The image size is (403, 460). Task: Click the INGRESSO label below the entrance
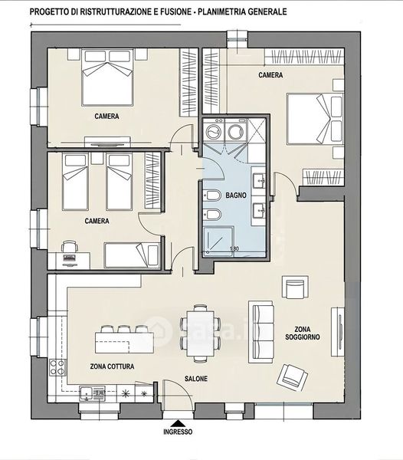(x=178, y=432)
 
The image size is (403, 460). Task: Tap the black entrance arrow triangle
(x=178, y=424)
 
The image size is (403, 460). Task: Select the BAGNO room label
(x=236, y=195)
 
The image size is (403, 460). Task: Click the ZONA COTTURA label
(x=112, y=366)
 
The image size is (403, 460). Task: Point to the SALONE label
(x=196, y=379)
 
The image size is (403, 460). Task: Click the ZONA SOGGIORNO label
(x=303, y=333)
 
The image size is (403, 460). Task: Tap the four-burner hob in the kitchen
(x=57, y=367)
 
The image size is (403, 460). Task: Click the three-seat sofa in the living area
(x=261, y=332)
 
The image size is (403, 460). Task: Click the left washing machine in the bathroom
(x=214, y=131)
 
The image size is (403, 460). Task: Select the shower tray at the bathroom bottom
(x=218, y=241)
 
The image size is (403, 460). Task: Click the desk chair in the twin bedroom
(x=70, y=246)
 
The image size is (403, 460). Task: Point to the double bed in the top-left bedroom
(x=107, y=77)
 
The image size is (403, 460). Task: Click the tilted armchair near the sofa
(x=292, y=377)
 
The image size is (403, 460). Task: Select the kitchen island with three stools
(x=124, y=340)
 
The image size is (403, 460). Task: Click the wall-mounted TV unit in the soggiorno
(x=337, y=332)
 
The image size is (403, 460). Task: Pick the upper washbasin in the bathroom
(x=259, y=181)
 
